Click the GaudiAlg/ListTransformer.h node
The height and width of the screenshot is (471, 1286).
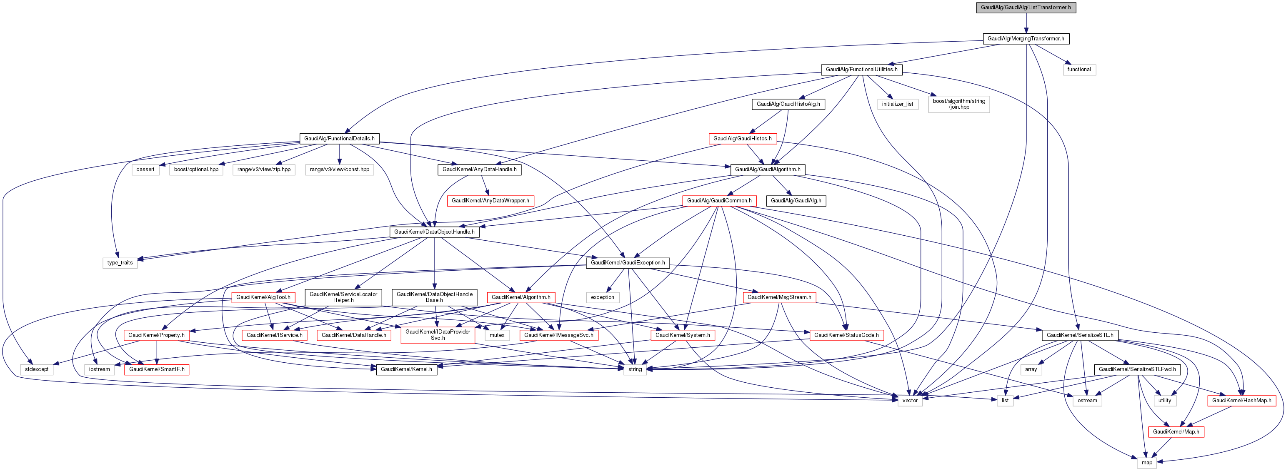point(1026,7)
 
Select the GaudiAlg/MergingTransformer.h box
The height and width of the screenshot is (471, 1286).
point(1026,38)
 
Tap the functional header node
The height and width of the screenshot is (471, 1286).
point(1079,70)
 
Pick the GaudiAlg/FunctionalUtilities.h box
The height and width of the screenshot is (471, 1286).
point(861,70)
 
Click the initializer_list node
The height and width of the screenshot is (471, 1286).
point(897,104)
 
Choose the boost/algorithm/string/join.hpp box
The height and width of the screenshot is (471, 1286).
point(958,104)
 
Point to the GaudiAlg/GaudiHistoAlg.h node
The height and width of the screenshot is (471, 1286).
point(788,104)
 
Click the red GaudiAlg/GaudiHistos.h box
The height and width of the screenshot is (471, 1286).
point(742,138)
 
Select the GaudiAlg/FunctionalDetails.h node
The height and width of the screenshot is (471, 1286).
point(339,138)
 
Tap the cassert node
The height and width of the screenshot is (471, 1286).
point(145,169)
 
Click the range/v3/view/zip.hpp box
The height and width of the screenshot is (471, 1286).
point(264,169)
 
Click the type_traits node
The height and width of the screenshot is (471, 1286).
point(120,262)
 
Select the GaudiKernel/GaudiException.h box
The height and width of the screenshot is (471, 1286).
point(628,262)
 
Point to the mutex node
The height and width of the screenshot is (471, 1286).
point(497,335)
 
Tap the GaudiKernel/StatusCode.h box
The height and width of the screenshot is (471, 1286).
point(846,335)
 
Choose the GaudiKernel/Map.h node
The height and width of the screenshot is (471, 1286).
point(1176,431)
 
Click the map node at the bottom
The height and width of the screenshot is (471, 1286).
point(1147,463)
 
